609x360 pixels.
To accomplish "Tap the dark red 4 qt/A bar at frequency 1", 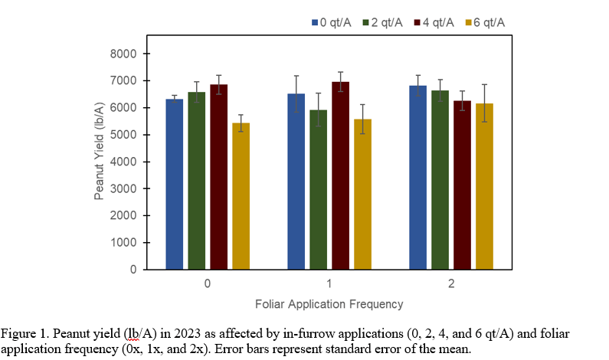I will [341, 175].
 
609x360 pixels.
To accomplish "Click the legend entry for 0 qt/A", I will [330, 22].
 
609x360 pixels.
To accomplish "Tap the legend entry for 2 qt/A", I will [381, 22].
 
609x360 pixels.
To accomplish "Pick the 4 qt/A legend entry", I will [432, 22].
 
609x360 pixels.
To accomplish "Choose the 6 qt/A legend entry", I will [483, 22].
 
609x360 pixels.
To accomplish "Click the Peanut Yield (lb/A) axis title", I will [100, 161].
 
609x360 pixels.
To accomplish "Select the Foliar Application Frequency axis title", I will [329, 304].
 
